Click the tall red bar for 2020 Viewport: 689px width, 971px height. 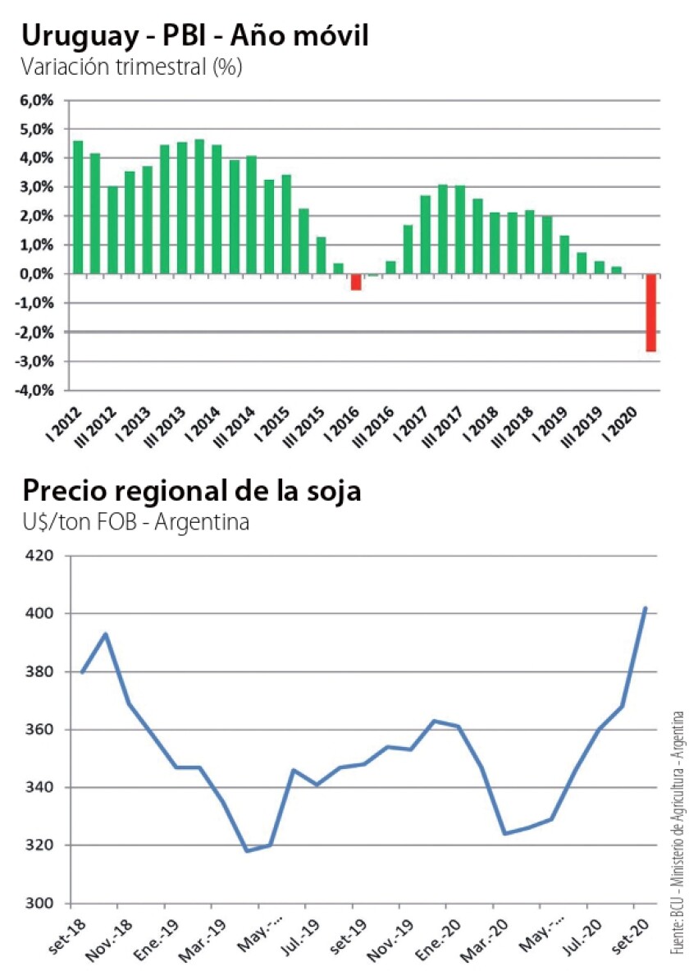coord(650,313)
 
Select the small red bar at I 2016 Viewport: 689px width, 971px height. coord(356,282)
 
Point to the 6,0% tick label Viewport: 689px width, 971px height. coord(34,100)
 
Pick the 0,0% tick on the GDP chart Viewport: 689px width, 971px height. coord(34,274)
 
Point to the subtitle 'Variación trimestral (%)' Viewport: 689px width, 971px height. coord(131,67)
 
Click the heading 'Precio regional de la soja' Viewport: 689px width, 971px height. coord(192,491)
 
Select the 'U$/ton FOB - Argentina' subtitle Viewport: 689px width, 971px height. coord(135,522)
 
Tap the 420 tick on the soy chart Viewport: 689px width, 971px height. coord(40,556)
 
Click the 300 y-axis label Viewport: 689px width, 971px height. coord(40,904)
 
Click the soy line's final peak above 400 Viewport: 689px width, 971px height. coord(646,608)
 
